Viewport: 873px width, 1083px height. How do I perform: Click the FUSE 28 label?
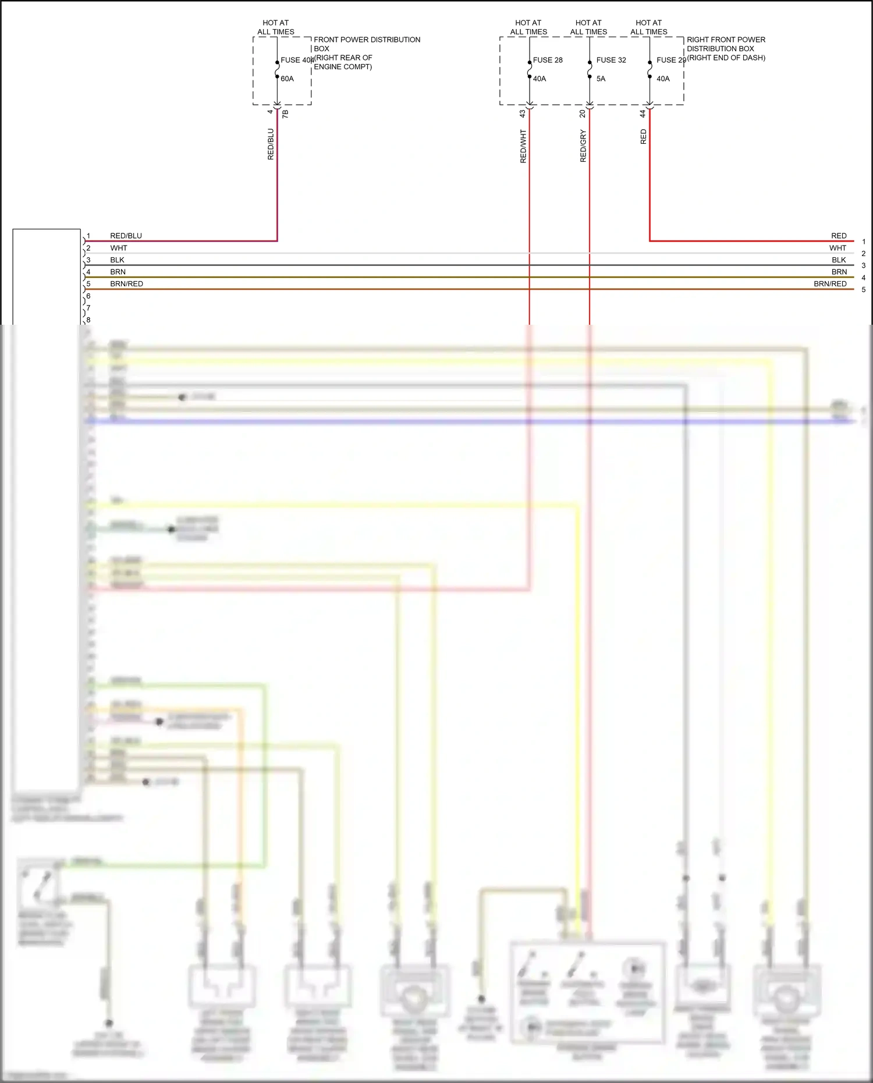[x=548, y=60]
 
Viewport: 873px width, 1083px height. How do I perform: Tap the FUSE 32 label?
[x=611, y=60]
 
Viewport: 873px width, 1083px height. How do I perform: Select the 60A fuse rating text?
[x=287, y=79]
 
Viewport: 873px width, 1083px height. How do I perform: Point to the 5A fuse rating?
[x=601, y=79]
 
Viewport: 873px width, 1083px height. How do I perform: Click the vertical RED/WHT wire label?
[x=523, y=146]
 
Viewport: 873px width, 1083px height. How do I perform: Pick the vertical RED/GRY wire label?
[x=583, y=146]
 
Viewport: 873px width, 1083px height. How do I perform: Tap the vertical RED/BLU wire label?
[x=271, y=144]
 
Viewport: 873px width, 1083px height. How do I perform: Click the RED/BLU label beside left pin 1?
[x=126, y=236]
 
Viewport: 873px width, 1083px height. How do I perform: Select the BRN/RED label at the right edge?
[x=830, y=284]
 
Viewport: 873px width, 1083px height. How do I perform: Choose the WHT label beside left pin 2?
[x=119, y=248]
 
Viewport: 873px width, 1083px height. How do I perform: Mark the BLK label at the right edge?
[x=839, y=260]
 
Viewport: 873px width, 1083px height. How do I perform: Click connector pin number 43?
[x=523, y=114]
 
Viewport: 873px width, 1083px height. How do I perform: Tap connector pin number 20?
[x=583, y=114]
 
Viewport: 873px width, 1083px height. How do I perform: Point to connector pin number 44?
[x=643, y=114]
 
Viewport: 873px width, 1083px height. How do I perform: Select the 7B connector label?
[x=285, y=115]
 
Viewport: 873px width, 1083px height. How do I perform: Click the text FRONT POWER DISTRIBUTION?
[x=367, y=40]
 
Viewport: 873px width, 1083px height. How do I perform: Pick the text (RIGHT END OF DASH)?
[x=726, y=58]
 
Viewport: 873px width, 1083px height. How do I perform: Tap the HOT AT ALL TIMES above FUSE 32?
[x=588, y=27]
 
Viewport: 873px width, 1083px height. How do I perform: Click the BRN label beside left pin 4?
[x=118, y=272]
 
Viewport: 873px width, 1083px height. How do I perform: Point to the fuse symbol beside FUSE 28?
[x=530, y=69]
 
